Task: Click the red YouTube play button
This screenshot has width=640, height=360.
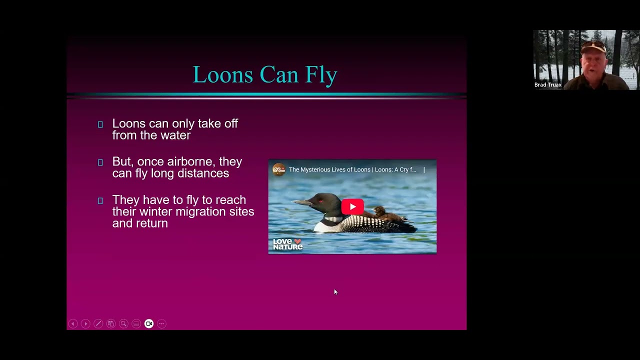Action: click(352, 206)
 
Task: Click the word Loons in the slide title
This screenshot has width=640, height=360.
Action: click(222, 75)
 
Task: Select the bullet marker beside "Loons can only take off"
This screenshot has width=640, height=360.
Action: click(100, 124)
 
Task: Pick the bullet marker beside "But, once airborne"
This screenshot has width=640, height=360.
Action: click(100, 162)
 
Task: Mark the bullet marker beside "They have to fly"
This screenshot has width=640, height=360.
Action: click(100, 200)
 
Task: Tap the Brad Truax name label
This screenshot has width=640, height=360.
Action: click(548, 85)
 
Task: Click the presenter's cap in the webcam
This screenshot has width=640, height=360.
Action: click(593, 46)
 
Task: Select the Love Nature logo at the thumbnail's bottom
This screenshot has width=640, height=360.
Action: click(287, 244)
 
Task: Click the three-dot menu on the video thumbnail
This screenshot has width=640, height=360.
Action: click(424, 170)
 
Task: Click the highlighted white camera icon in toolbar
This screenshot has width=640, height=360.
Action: click(149, 323)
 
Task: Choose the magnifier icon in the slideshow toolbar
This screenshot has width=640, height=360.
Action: click(123, 323)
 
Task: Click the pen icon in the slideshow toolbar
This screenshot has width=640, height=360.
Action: click(98, 323)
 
